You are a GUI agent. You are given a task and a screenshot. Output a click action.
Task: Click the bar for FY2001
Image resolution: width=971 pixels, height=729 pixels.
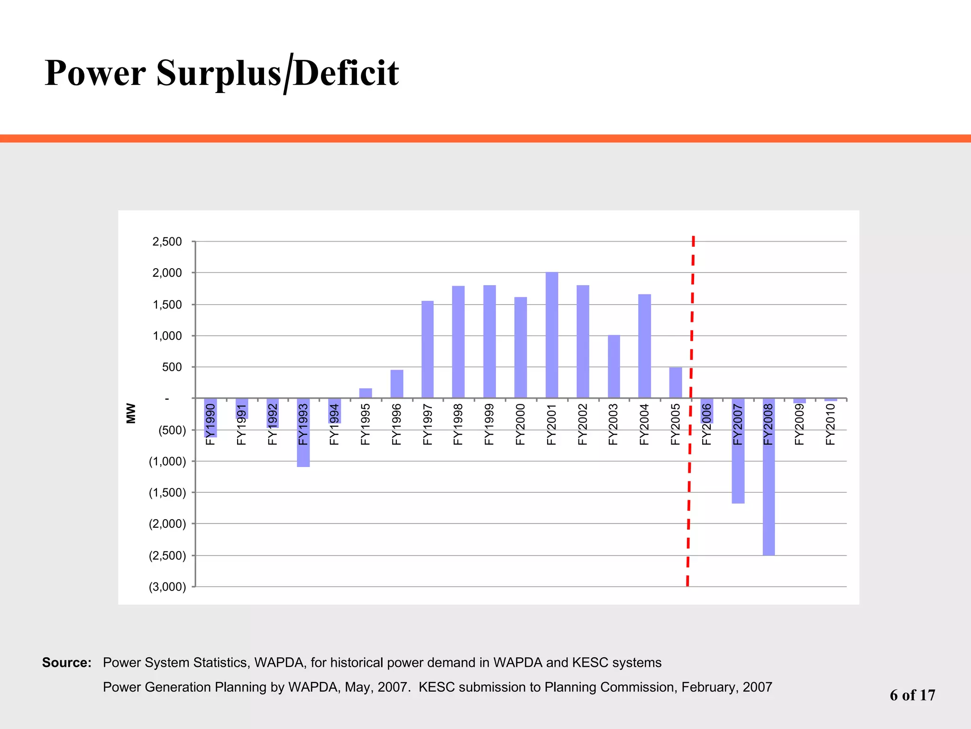point(552,335)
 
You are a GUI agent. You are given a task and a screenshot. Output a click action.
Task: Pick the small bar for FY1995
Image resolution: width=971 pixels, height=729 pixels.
point(366,393)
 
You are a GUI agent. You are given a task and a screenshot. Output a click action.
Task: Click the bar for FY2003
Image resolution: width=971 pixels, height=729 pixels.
point(614,366)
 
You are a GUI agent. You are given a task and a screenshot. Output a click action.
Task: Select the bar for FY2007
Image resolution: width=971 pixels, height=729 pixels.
point(738,475)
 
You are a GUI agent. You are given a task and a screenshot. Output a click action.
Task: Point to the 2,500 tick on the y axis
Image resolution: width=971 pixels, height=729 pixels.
point(167,242)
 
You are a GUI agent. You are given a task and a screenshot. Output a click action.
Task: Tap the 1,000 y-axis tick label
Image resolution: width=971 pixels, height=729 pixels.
point(167,336)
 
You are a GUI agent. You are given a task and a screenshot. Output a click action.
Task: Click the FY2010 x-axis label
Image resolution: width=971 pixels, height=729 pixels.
point(830,424)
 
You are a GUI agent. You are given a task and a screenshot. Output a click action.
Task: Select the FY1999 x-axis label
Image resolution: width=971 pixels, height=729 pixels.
point(489,424)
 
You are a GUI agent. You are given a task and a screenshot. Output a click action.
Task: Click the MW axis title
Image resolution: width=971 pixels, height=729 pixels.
point(131,413)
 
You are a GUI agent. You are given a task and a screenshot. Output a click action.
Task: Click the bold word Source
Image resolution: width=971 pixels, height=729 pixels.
point(66,663)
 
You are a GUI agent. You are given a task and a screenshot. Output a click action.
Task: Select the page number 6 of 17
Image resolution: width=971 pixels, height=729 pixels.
point(912,695)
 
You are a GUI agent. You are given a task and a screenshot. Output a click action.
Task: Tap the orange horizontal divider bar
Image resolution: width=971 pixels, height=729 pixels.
point(485,139)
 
